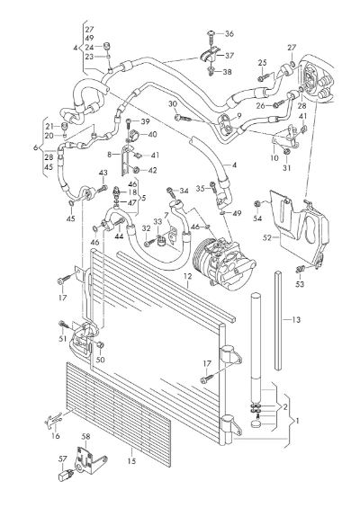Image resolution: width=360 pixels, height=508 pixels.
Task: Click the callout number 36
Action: pyautogui.click(x=229, y=33)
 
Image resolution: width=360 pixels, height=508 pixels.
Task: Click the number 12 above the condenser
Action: pyautogui.click(x=188, y=276)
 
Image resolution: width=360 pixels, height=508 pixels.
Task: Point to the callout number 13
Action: pyautogui.click(x=296, y=320)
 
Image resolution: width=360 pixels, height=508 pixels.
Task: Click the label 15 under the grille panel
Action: pyautogui.click(x=131, y=460)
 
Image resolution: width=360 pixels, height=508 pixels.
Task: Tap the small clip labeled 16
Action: pyautogui.click(x=52, y=421)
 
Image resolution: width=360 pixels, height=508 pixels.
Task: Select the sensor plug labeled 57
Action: pyautogui.click(x=66, y=475)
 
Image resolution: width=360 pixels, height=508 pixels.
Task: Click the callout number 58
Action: pyautogui.click(x=85, y=437)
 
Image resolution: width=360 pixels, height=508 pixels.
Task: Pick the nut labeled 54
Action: pyautogui.click(x=256, y=203)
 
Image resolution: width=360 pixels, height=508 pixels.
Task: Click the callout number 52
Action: pyautogui.click(x=267, y=237)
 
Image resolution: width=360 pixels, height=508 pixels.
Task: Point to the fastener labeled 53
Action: pyautogui.click(x=301, y=269)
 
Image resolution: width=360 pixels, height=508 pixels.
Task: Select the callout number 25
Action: pyautogui.click(x=263, y=63)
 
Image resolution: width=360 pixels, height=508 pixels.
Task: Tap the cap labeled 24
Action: pyautogui.click(x=105, y=46)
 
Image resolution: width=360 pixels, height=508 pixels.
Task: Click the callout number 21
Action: pyautogui.click(x=49, y=127)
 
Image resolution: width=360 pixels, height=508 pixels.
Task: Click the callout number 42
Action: pyautogui.click(x=152, y=170)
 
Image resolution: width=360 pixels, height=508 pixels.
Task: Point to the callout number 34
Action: pyautogui.click(x=184, y=192)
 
